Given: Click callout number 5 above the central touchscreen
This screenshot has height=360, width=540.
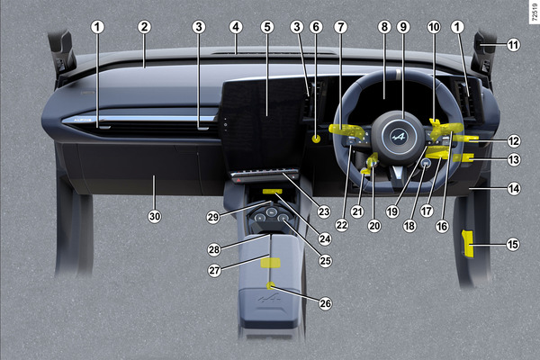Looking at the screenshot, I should pos(267,27).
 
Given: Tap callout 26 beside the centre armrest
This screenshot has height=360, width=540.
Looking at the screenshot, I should pos(325,303).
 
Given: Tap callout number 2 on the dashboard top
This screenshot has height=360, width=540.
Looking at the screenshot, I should pos(143,27).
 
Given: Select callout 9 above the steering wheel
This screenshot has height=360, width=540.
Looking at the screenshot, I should pos(403,27).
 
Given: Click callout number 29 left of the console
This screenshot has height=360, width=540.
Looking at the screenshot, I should pos(213,218).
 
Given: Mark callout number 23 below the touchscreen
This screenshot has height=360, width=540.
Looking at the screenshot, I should pos(323,212).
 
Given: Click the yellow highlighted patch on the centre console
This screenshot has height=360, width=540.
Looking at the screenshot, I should pos(269,262).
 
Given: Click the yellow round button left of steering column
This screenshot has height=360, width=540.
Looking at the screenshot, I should pos(317,139).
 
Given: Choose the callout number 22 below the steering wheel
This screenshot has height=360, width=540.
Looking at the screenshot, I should pos(341,224).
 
